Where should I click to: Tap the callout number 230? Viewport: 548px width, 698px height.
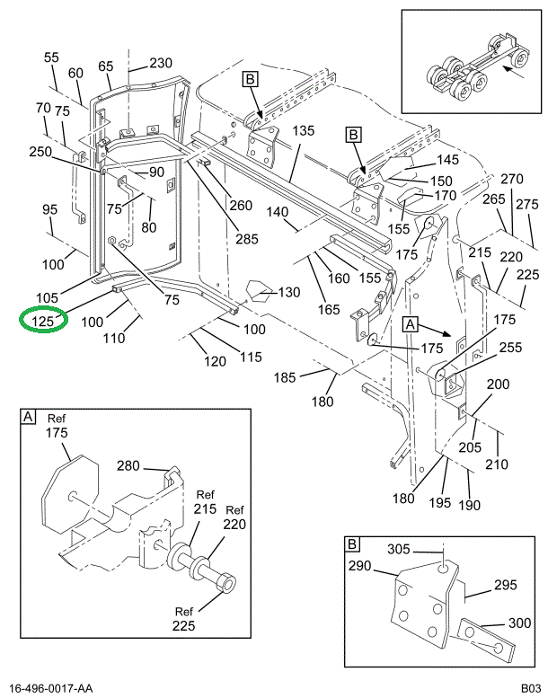[x=160, y=63]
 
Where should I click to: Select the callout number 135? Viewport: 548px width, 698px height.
[x=303, y=131]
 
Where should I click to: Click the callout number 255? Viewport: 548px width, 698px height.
[x=509, y=347]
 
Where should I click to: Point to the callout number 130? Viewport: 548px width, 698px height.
[x=289, y=292]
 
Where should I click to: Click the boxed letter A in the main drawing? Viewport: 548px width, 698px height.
[x=411, y=323]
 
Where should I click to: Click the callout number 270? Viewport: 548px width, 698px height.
[x=511, y=179]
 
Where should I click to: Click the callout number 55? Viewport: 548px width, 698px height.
[x=51, y=57]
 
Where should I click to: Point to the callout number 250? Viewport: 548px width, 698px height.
[x=40, y=152]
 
